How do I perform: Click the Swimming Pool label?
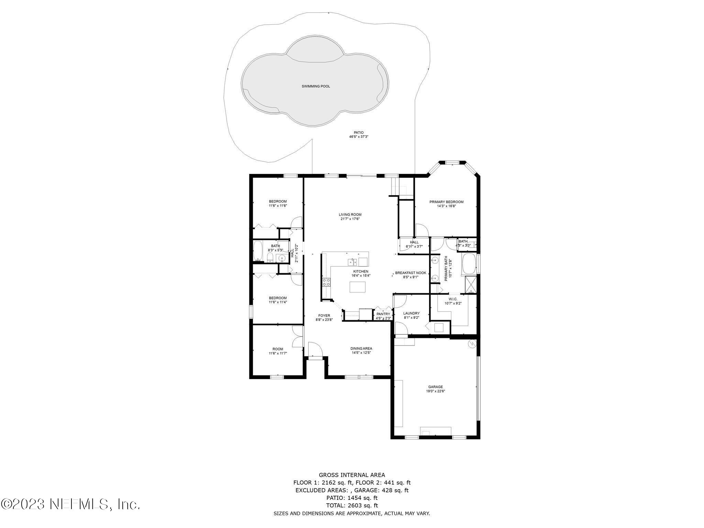coord(316,86)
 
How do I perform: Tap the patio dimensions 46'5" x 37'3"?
coord(359,137)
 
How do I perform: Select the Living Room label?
coord(350,214)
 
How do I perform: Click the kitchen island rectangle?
coord(357,287)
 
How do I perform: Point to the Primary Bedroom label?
coord(446,202)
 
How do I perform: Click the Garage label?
coord(435,387)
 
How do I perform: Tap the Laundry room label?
coord(411,313)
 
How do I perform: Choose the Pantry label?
coord(383,314)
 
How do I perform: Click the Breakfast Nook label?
coord(410,273)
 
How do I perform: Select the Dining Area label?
coord(361,348)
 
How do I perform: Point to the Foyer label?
coord(324,315)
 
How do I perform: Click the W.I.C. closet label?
coord(453,299)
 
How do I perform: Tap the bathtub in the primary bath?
coord(469,264)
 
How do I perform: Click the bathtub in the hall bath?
coord(258,251)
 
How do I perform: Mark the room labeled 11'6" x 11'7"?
coord(278,351)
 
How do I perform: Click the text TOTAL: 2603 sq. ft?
coord(352,505)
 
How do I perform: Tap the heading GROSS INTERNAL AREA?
coord(352,475)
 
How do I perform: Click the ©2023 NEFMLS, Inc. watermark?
coord(70,504)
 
